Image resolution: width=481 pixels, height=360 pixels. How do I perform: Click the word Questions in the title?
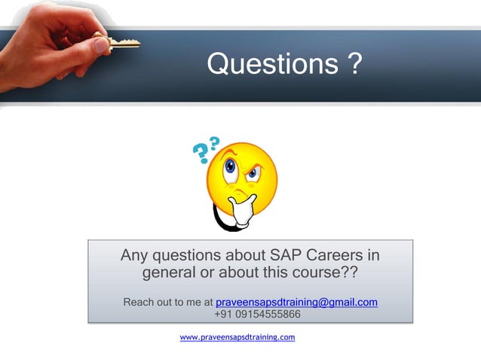point(269,65)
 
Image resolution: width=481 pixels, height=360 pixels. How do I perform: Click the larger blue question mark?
point(201,154)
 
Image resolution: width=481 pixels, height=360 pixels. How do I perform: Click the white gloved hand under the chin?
point(242,211)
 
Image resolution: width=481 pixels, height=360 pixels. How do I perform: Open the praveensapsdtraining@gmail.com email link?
point(296,303)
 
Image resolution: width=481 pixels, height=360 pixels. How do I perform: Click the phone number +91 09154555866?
point(257,314)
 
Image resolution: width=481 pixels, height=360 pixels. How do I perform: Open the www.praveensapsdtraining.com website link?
point(237,337)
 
